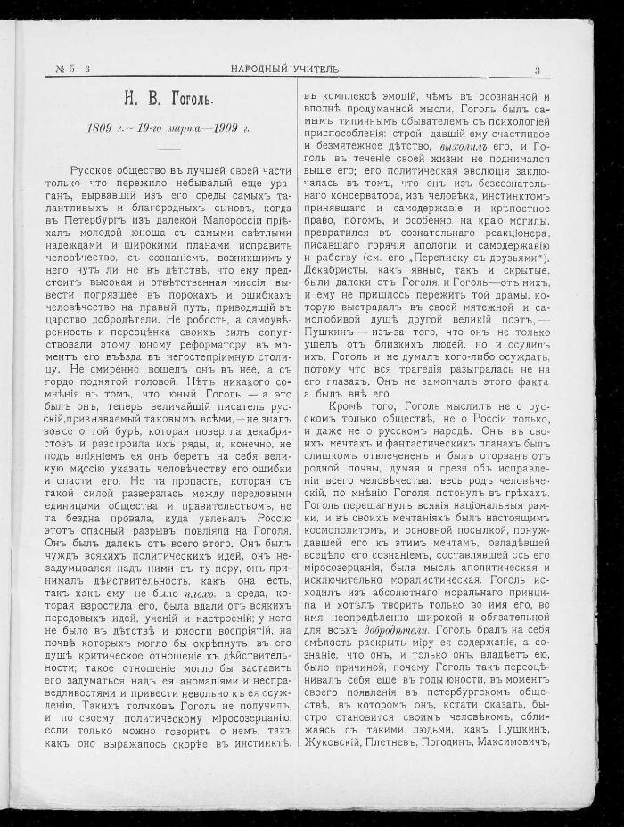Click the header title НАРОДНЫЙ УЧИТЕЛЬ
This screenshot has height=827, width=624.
(284, 69)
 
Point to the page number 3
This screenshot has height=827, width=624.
(537, 69)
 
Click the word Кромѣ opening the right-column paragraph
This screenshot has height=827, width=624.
(346, 404)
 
